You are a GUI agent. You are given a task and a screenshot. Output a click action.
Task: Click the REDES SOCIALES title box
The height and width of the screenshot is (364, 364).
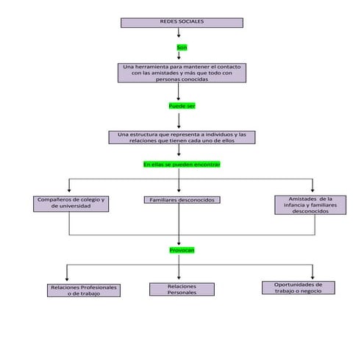(181, 23)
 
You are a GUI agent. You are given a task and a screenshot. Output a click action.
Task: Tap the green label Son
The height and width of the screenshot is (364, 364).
(182, 47)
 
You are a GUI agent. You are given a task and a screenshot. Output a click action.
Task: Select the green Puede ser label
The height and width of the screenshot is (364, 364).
(182, 106)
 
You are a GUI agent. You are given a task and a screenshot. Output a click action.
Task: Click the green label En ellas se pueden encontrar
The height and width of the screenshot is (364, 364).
(182, 164)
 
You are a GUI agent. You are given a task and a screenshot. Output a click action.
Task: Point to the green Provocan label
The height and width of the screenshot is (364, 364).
(182, 250)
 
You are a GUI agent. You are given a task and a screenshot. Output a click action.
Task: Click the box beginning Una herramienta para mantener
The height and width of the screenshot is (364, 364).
(182, 73)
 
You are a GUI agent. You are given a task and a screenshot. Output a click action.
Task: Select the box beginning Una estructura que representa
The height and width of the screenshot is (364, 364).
(182, 137)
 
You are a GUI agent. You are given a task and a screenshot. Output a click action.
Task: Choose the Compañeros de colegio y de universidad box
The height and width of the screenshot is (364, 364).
(71, 203)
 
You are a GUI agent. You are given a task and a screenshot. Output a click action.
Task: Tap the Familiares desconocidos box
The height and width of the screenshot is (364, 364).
(182, 200)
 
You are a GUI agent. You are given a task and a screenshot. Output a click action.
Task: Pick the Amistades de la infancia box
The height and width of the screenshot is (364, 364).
(310, 204)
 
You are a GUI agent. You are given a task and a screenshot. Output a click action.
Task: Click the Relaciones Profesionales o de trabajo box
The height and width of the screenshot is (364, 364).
(83, 290)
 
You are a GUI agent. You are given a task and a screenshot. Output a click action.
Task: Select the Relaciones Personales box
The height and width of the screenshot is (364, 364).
(182, 289)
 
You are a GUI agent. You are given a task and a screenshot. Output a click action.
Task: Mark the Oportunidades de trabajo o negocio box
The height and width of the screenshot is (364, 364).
(299, 288)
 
